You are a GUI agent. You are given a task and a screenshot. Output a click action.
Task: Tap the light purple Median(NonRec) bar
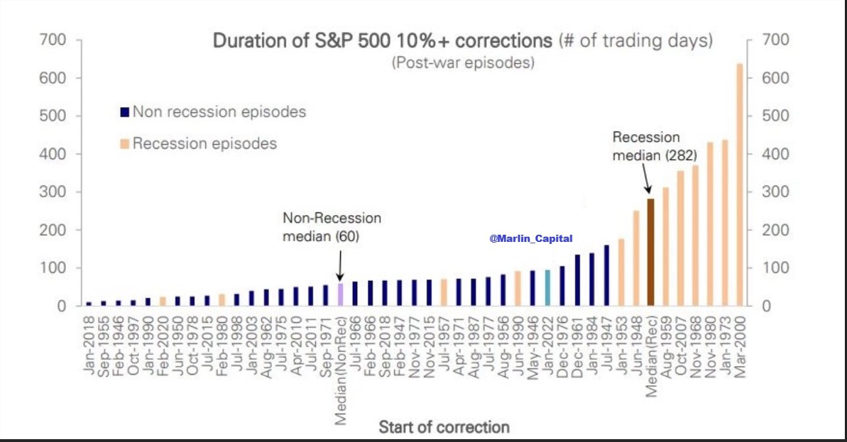340,294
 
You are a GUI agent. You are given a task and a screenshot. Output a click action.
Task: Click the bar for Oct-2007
680,238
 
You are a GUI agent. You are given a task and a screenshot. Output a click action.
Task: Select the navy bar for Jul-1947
606,275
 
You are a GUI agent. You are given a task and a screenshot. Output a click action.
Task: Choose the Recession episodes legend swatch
124,145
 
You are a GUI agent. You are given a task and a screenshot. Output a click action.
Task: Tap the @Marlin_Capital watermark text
531,239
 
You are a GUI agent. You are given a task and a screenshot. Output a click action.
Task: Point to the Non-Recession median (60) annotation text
332,227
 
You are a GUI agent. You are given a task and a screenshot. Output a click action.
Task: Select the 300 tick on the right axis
775,192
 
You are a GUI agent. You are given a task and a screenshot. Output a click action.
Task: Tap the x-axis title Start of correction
444,427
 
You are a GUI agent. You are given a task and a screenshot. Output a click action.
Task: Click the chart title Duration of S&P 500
383,40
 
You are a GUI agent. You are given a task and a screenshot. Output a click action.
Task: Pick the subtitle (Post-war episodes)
463,63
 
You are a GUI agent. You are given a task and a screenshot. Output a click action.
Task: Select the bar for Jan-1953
621,272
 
